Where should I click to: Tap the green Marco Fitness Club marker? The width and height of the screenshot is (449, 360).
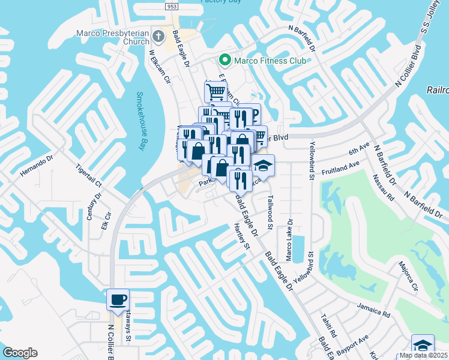coord(225,59)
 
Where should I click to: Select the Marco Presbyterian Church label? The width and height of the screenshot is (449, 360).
coord(113,37)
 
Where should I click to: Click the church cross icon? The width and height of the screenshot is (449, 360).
coord(159,36)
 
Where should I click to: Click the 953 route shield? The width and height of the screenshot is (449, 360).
coord(172,5)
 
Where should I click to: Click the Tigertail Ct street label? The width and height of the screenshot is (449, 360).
coord(89,178)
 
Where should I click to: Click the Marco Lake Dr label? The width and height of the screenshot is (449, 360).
coord(289,248)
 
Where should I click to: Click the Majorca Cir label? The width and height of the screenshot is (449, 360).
coord(408,277)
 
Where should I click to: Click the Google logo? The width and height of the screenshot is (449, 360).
coord(20,353)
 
